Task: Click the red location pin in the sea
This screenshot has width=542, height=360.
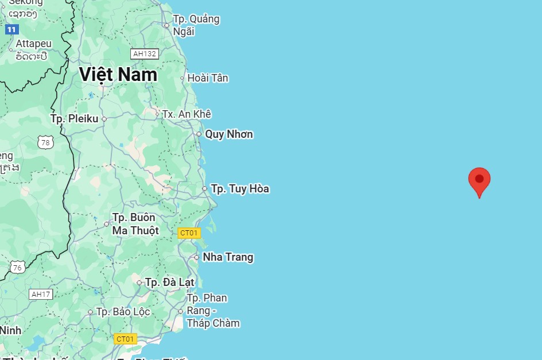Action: coord(479,180)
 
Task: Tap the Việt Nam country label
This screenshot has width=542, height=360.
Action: coord(118,75)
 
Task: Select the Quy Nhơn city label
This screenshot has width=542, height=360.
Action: coord(229,134)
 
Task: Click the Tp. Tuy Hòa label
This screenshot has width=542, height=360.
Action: coord(239,189)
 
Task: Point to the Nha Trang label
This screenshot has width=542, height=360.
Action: coord(227,257)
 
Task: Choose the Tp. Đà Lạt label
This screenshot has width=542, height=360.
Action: coord(169,282)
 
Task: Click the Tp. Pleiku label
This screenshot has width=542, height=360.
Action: coord(74,119)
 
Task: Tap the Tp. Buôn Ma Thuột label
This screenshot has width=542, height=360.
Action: coord(135,224)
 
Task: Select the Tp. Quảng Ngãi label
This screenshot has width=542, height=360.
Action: coord(196,25)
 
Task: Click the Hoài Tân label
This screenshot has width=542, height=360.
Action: coord(207,78)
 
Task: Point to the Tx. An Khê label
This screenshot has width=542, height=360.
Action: coord(187,114)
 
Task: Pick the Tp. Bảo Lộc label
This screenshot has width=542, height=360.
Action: coord(123,312)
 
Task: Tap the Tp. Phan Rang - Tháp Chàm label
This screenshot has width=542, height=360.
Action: coord(212,311)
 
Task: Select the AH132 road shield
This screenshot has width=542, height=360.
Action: coord(144,54)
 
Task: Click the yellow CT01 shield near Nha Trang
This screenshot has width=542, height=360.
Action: coord(189,233)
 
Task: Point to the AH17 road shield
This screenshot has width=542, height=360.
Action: coord(41,295)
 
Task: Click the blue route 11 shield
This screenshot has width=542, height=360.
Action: coord(12,29)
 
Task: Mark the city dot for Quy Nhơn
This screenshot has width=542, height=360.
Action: coord(199,134)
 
